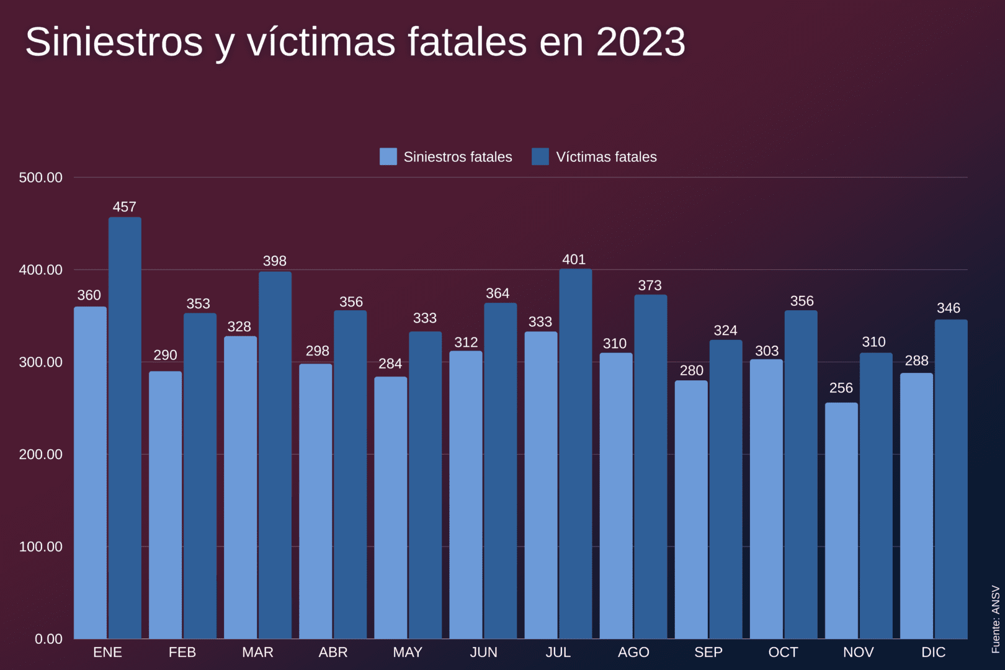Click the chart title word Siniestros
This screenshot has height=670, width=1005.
114,42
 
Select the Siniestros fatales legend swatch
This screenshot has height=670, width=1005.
388,156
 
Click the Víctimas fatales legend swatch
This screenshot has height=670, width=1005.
540,156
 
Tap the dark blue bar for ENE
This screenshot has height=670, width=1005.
125,428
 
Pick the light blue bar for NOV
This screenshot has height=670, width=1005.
841,521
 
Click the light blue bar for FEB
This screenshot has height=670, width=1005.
165,505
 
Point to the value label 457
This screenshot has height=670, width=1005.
124,207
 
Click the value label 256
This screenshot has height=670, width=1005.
841,388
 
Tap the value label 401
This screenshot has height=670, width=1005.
574,260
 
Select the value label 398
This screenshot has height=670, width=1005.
274,261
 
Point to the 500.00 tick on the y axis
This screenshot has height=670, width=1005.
41,178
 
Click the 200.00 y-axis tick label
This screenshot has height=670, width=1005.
41,455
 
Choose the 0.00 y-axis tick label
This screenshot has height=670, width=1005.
48,639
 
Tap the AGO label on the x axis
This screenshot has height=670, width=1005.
633,653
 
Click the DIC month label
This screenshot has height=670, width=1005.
933,653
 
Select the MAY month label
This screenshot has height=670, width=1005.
408,653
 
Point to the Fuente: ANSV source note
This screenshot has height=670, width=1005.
996,619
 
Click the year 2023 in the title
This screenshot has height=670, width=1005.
641,42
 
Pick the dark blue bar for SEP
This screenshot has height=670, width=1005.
725,489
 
